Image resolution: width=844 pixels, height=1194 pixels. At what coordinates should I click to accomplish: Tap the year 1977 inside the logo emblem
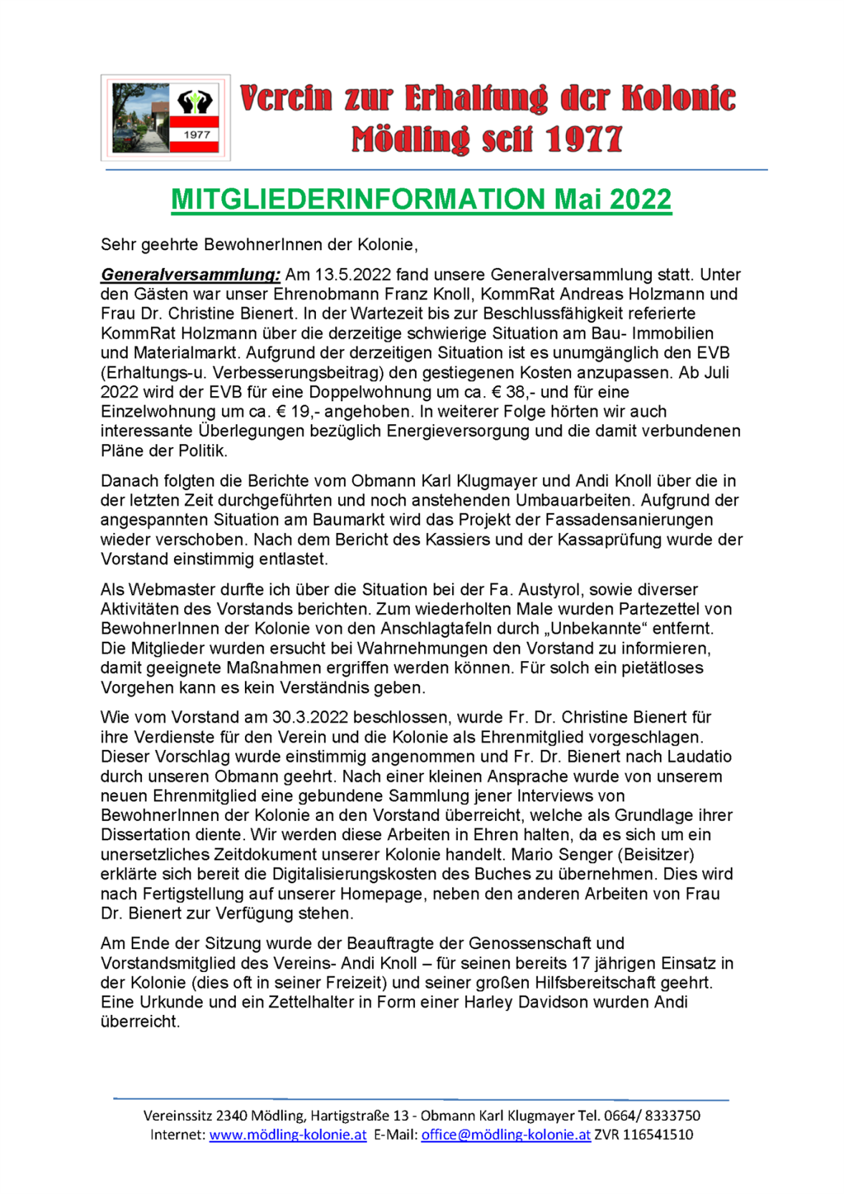click(x=196, y=135)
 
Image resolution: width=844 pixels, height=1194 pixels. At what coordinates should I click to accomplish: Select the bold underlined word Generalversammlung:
click(x=190, y=275)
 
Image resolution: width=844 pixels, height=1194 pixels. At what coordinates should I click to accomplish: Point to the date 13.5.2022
click(x=353, y=275)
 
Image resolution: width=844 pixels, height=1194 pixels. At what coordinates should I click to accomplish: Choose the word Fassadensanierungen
click(x=633, y=520)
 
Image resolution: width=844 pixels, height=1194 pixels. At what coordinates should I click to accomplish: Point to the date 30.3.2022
click(x=310, y=718)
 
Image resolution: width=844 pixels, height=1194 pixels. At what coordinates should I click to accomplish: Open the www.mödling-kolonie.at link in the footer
click(x=288, y=1135)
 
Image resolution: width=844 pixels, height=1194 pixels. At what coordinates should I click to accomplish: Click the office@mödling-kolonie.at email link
click(x=506, y=1135)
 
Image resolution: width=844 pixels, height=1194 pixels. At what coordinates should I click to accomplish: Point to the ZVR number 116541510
click(x=658, y=1135)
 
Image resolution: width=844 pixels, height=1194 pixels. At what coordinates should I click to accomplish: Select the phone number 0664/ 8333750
click(x=652, y=1116)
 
